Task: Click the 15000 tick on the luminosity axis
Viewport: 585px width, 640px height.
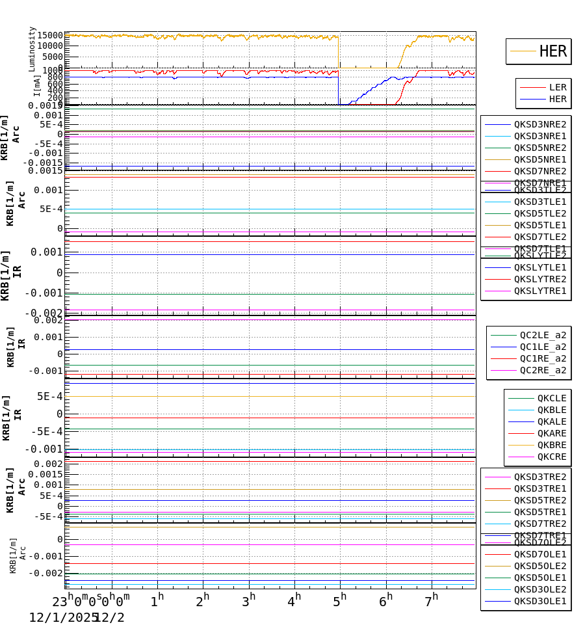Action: (x=49, y=35)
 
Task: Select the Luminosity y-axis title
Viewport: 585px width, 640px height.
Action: (x=32, y=49)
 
